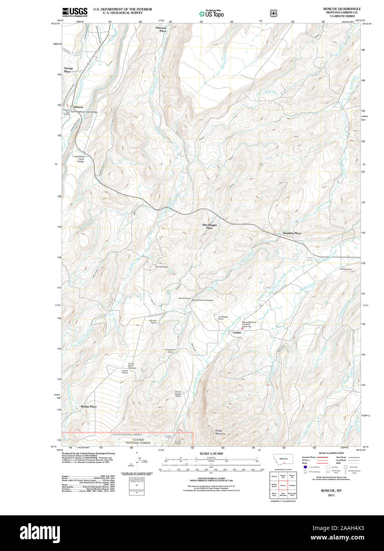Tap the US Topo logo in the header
pyautogui.click(x=211, y=13)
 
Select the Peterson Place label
pyautogui.click(x=161, y=29)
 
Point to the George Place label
pyautogui.click(x=68, y=70)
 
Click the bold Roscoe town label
pyautogui.click(x=79, y=107)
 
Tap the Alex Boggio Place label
pyautogui.click(x=209, y=226)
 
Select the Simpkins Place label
pyautogui.click(x=292, y=233)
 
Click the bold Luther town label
pyautogui.click(x=237, y=333)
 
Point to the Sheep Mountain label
pyautogui.click(x=220, y=432)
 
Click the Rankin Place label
pyautogui.click(x=88, y=407)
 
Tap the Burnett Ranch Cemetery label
pyautogui.click(x=202, y=300)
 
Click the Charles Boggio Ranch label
pyautogui.click(x=178, y=394)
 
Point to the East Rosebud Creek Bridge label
pyautogui.click(x=84, y=112)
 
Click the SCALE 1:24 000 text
pyautogui.click(x=211, y=453)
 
